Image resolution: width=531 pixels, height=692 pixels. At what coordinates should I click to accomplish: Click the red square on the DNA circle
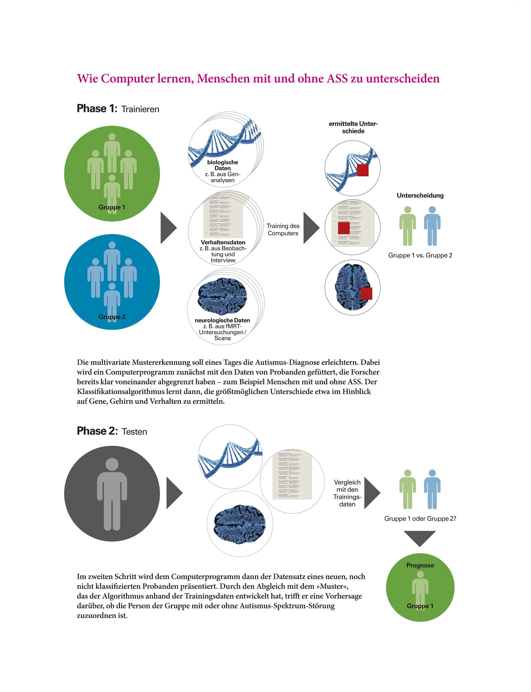[362, 170]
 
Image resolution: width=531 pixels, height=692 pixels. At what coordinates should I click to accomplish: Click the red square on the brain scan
[366, 293]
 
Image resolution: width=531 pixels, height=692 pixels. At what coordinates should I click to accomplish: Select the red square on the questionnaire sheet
[344, 228]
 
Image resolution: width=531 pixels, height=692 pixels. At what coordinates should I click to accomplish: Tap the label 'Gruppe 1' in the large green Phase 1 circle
[112, 207]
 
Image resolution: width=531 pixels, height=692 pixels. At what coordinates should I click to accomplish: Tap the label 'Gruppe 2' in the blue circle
[112, 317]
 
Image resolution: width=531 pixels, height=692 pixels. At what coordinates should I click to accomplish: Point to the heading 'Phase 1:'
[97, 109]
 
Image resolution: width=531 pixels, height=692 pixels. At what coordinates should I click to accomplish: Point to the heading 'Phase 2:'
[97, 431]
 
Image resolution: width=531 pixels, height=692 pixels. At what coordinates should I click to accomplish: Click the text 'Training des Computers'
[283, 229]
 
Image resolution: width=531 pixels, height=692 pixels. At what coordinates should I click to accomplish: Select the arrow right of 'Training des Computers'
[311, 227]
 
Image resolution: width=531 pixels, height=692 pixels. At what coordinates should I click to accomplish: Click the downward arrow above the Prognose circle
[420, 538]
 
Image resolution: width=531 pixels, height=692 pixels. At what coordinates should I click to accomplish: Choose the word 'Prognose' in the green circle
[420, 565]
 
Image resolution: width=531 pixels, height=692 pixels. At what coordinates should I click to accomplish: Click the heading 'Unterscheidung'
[420, 195]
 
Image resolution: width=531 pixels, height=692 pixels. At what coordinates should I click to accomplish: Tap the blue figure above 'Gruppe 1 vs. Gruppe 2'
[432, 226]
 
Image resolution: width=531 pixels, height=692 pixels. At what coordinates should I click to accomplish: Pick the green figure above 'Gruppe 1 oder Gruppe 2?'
[408, 489]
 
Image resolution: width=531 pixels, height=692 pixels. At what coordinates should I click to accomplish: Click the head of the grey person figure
[112, 465]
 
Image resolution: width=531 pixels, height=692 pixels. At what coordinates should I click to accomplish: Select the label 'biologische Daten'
[222, 165]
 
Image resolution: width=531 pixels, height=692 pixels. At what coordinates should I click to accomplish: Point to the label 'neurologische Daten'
[222, 320]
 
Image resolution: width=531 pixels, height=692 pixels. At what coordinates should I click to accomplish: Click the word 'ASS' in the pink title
[337, 78]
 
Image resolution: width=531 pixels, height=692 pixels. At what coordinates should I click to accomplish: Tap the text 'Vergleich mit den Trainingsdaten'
[347, 493]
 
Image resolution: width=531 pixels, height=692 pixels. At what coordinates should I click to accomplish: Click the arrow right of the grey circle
[174, 493]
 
